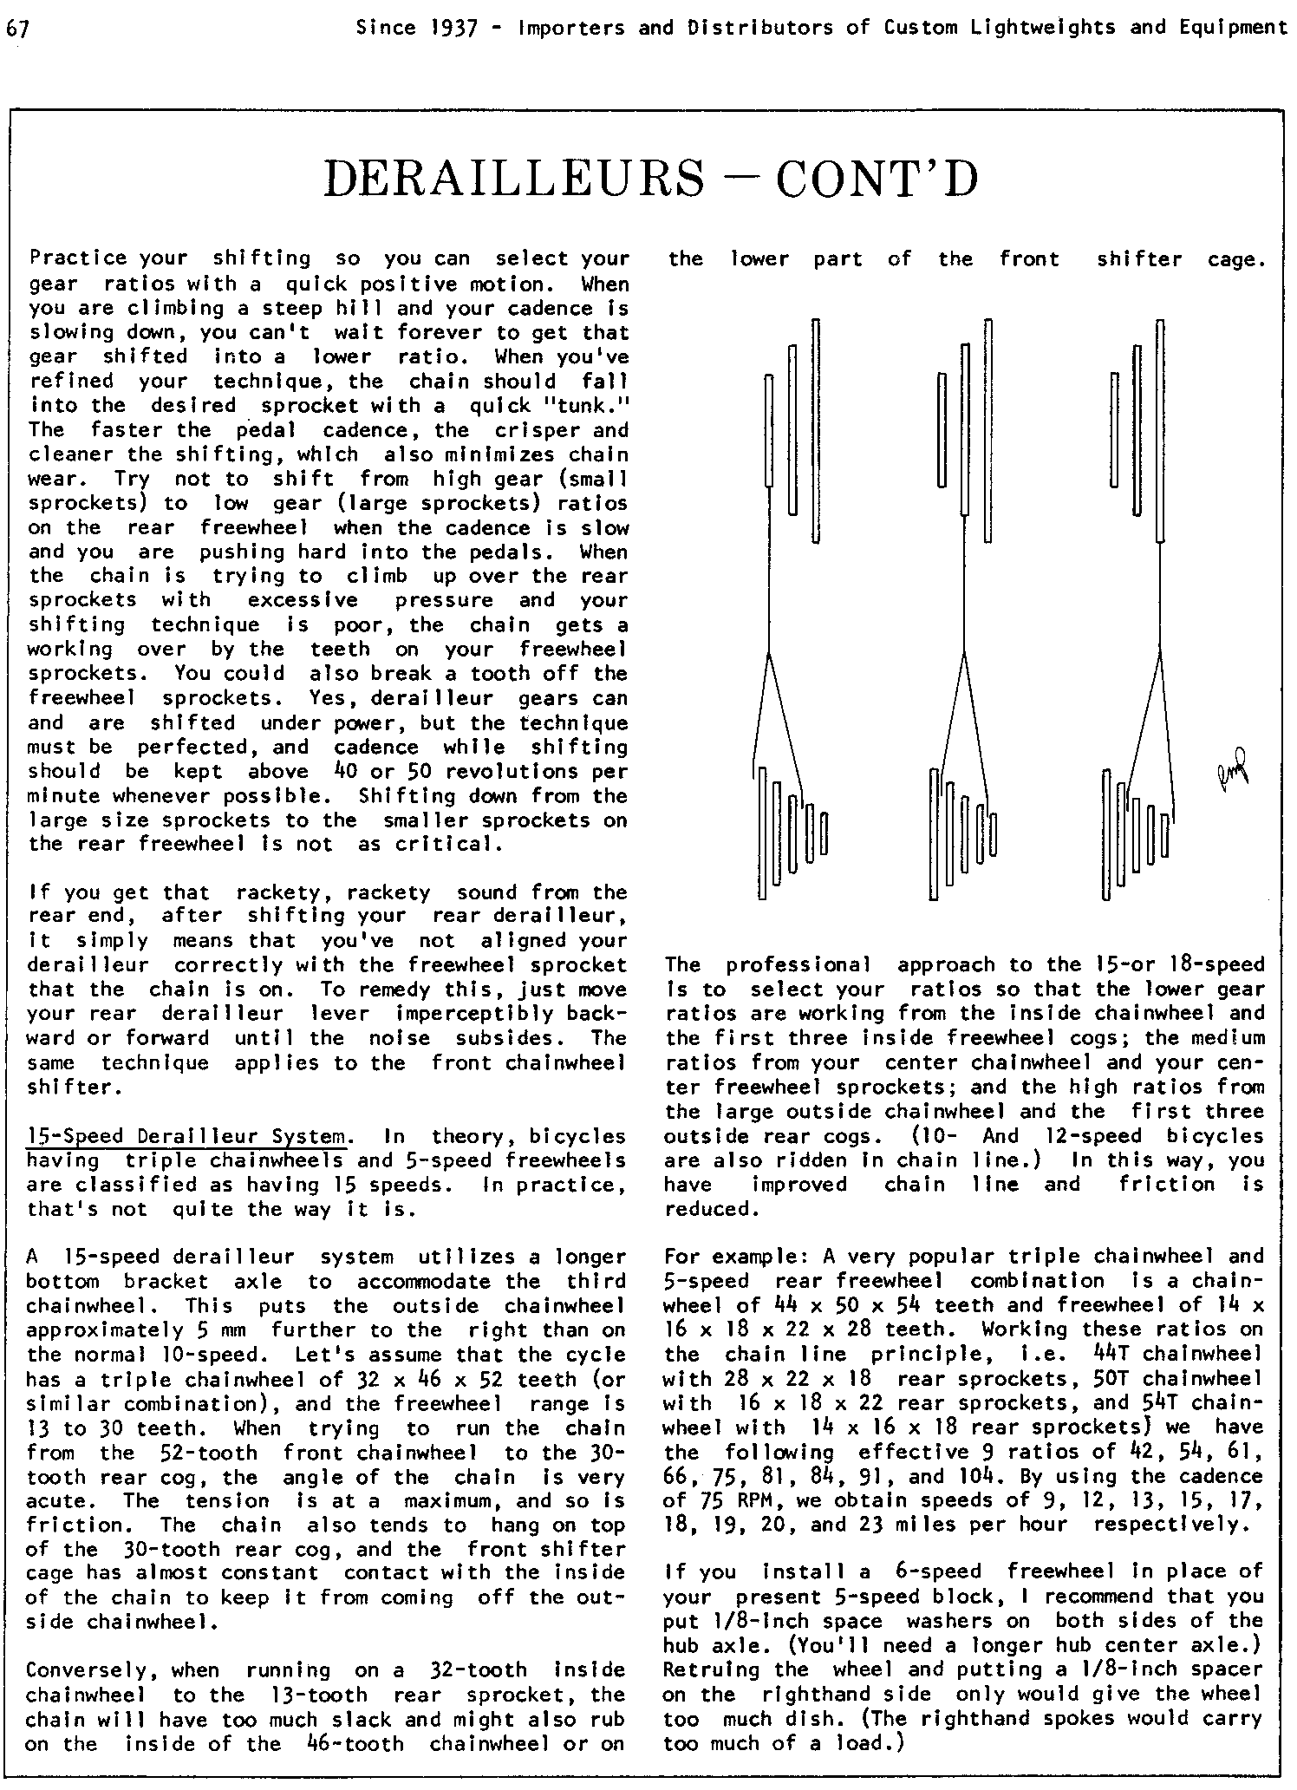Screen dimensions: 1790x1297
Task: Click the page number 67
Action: coord(17,29)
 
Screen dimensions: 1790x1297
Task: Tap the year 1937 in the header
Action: coord(454,28)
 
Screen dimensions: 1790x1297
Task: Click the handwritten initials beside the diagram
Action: coord(1232,767)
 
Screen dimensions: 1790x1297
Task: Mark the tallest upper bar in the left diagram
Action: coord(816,431)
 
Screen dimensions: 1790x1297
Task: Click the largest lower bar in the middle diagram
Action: coord(934,834)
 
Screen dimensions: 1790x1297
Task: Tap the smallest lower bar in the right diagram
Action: coord(1166,833)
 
